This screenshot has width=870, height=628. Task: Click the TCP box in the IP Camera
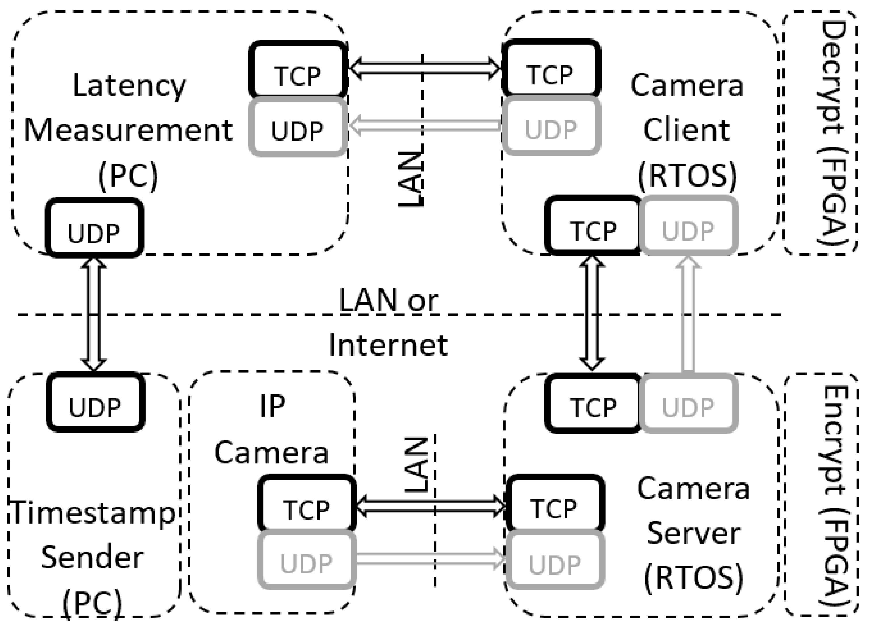tap(306, 503)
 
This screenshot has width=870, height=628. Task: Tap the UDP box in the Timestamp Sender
tap(95, 402)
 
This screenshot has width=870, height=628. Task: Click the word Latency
tap(129, 85)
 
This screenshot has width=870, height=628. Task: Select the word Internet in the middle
tap(388, 345)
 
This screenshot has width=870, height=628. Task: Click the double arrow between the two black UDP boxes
tap(94, 314)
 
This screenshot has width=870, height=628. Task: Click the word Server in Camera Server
tap(693, 534)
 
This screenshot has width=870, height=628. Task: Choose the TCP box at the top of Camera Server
tap(593, 404)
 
